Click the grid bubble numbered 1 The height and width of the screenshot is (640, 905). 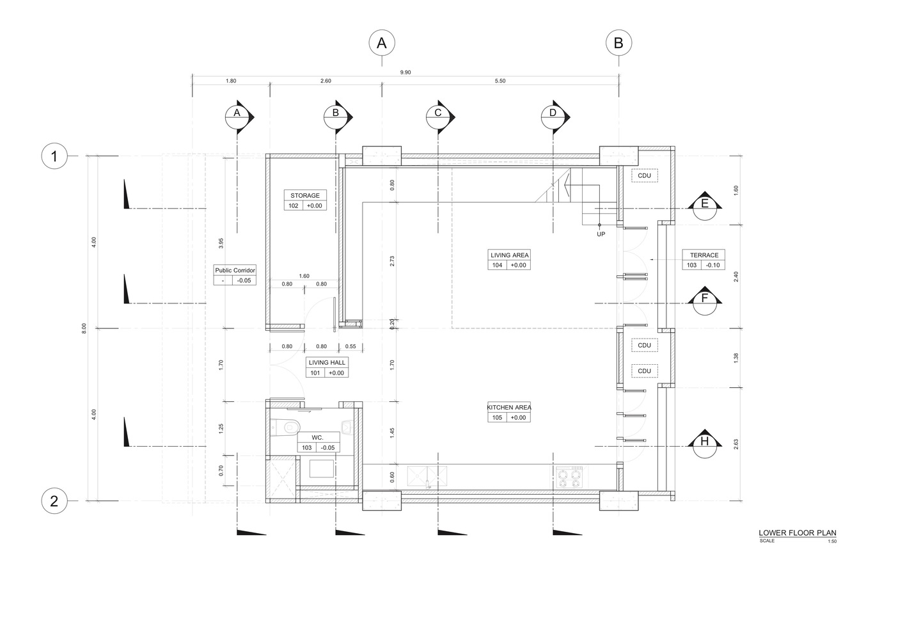tap(54, 156)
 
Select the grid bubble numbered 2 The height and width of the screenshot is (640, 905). tap(54, 501)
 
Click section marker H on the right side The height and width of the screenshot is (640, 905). tap(705, 442)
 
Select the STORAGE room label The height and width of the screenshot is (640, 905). tap(304, 196)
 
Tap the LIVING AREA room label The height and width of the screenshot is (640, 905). tap(510, 255)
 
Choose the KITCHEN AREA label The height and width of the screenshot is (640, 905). tap(509, 408)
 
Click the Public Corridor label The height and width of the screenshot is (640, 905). tap(235, 271)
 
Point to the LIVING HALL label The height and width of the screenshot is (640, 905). tap(327, 363)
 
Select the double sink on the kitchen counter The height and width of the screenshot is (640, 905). tap(427, 475)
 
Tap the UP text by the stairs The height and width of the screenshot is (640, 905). tap(601, 234)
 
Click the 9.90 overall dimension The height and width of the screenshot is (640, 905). tap(405, 73)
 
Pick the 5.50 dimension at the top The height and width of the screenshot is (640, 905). tap(500, 81)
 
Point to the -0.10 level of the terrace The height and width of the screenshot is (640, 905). tap(713, 265)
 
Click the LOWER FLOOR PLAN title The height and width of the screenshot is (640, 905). tap(797, 532)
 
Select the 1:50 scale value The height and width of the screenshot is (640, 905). tap(831, 541)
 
